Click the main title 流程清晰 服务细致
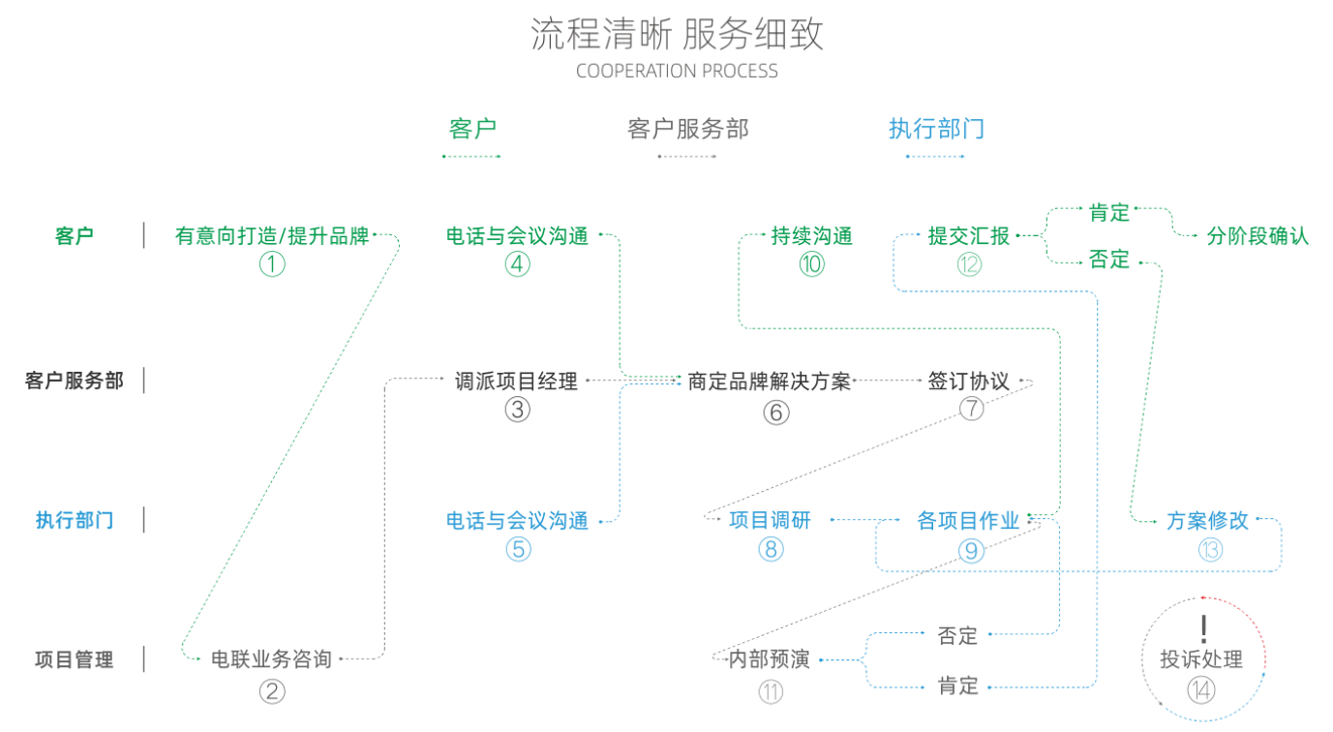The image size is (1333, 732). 677,35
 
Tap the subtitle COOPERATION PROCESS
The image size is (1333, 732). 677,71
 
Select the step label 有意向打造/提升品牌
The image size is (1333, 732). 272,235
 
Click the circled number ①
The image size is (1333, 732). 272,264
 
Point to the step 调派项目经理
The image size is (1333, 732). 516,381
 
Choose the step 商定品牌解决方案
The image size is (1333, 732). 769,381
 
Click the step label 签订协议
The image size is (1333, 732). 968,381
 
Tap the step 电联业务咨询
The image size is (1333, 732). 271,659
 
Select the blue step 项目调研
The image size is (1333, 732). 770,520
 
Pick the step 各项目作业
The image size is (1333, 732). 968,520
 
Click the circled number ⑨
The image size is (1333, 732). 970,550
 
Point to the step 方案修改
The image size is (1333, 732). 1207,520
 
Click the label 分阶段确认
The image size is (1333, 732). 1257,235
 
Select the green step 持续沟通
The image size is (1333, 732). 811,235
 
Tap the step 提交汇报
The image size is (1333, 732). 968,235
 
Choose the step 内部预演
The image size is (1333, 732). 770,660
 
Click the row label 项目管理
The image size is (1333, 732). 74,659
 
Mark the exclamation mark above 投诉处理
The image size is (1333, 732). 1203,628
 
